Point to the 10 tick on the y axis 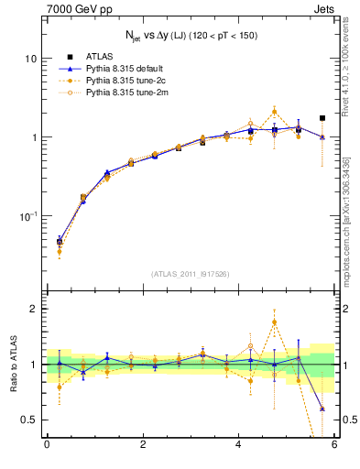coord(30,59)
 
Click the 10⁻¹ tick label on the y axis coord(27,216)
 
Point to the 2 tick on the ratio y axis coord(33,309)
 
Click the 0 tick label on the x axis coord(47,446)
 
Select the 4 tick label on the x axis coord(238,446)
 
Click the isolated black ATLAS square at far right coord(322,118)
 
